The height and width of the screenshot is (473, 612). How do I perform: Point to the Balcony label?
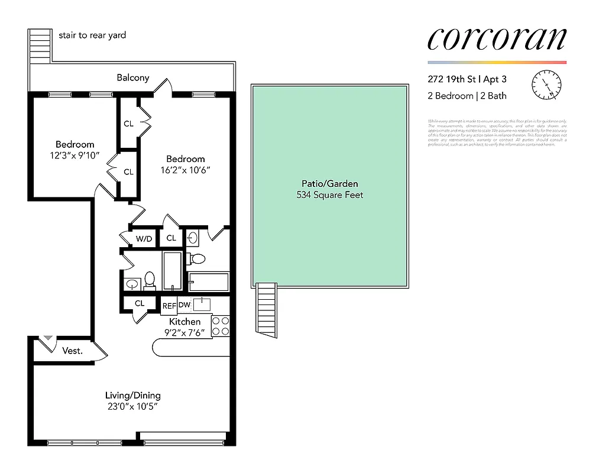(x=132, y=77)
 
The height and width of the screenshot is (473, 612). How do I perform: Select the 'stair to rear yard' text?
(x=92, y=35)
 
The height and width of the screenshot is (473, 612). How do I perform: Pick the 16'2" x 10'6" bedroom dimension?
(x=186, y=170)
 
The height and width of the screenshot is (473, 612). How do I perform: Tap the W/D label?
(x=144, y=239)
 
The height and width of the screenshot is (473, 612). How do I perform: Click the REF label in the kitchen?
(x=169, y=306)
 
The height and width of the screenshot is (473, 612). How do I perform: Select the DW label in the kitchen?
(x=184, y=305)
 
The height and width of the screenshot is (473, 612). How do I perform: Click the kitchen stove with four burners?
(x=220, y=326)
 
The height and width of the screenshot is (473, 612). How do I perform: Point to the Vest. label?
(x=72, y=351)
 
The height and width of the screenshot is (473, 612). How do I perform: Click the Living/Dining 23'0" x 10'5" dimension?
(x=133, y=407)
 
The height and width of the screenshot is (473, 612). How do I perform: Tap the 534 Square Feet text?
(x=330, y=195)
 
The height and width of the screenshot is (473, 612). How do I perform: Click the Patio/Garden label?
(x=330, y=184)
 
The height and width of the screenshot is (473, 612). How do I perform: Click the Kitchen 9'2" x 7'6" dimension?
(x=184, y=332)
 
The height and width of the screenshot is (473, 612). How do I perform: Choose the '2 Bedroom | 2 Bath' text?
(x=467, y=96)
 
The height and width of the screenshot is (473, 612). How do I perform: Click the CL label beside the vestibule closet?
(x=140, y=303)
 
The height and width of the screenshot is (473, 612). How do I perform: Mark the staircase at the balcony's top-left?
(x=41, y=45)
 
